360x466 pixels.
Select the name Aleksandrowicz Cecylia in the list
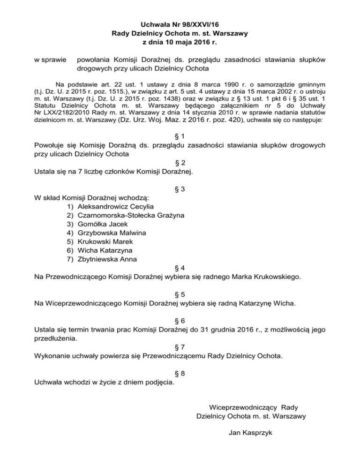(115, 206)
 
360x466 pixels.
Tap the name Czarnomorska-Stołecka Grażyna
(131, 215)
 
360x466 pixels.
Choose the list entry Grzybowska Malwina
(112, 233)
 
